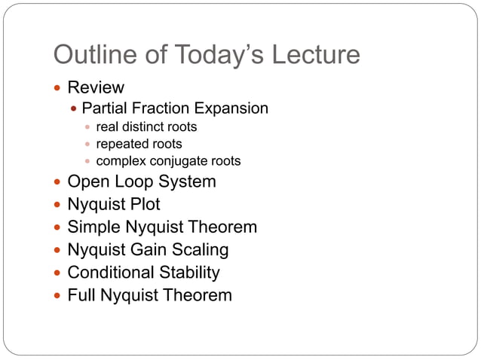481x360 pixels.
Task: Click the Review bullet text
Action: [x=96, y=87]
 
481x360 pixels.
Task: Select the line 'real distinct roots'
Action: [x=146, y=127]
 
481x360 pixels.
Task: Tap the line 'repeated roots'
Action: [x=139, y=144]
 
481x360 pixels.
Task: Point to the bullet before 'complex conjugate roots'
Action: [x=87, y=161]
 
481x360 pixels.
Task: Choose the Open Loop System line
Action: [x=142, y=182]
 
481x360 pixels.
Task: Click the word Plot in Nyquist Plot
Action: [x=143, y=205]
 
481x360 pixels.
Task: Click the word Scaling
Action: [x=201, y=250]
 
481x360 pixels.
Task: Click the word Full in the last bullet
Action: [x=81, y=295]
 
